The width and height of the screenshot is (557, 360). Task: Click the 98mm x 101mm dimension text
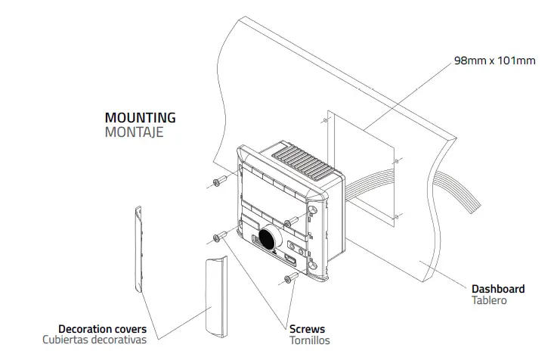pos(494,61)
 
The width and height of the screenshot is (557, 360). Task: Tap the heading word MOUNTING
pos(140,118)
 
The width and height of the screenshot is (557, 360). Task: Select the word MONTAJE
pos(134,132)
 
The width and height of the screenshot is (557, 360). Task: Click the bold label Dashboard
pos(497,289)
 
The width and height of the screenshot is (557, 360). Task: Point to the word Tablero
pos(489,301)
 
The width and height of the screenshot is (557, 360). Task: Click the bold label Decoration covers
pos(102,330)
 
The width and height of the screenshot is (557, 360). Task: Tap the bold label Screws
pos(307,330)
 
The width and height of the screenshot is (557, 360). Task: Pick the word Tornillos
pos(310,341)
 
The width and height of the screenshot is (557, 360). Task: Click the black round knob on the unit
pos(268,238)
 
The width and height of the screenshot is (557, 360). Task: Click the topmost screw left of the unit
pos(219,182)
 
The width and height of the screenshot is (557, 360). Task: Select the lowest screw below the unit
pos(288,281)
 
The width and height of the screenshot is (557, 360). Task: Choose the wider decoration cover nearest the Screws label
pos(215,294)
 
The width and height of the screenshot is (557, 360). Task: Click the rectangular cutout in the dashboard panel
pos(363,166)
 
